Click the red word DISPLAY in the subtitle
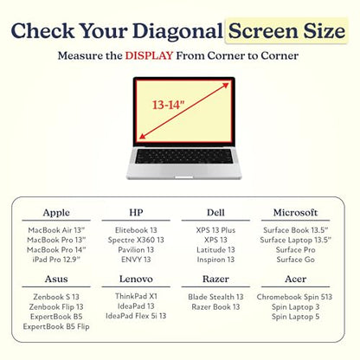[x=149, y=55]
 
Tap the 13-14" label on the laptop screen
[x=168, y=105]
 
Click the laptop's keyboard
[x=183, y=157]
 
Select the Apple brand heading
[x=56, y=213]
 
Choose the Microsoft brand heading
[x=295, y=213]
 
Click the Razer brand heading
[x=215, y=279]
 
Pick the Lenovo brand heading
[x=136, y=279]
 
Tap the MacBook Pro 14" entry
[x=56, y=250]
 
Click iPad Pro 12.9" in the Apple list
[x=56, y=260]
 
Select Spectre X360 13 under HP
[x=136, y=240]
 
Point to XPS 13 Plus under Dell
[x=215, y=230]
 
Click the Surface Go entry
[x=295, y=260]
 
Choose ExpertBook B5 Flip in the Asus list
[x=56, y=326]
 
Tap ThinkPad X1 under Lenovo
[x=136, y=296]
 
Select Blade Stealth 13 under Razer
[x=215, y=297]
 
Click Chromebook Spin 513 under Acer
[x=294, y=297]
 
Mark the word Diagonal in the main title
[x=177, y=31]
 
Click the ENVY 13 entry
[x=136, y=260]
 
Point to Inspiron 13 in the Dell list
[x=215, y=260]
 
